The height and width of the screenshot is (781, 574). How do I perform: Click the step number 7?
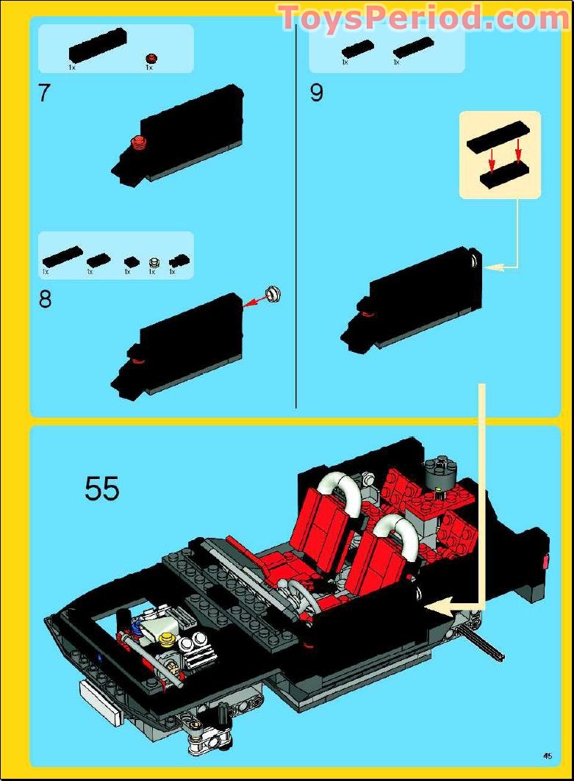(x=44, y=94)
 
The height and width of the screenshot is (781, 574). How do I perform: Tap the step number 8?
(x=45, y=300)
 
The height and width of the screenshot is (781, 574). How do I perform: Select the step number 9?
(x=316, y=94)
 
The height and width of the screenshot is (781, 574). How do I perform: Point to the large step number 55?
(x=102, y=489)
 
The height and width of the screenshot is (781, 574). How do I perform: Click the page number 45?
(x=548, y=755)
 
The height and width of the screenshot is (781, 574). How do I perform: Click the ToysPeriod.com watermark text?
(x=423, y=18)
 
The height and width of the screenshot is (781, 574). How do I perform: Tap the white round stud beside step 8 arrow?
(x=275, y=293)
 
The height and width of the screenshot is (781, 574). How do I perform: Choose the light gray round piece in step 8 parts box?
(x=154, y=262)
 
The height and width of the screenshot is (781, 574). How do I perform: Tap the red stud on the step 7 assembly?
(x=137, y=143)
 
